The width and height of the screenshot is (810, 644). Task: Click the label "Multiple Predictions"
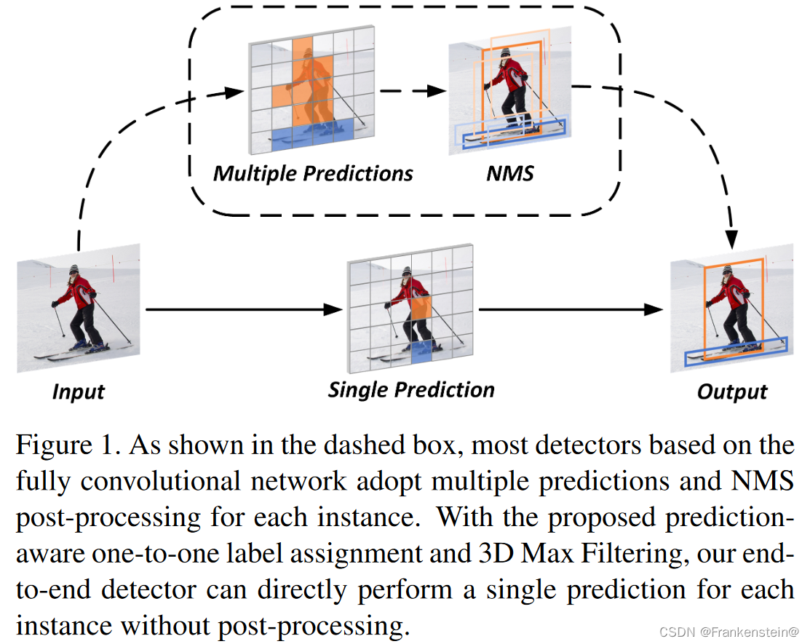pos(313,174)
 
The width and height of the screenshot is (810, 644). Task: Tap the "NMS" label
pos(509,174)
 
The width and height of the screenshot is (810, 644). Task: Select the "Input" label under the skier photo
pos(79,391)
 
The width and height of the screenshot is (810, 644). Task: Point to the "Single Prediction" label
pos(411,389)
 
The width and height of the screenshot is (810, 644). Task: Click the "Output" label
pos(731,392)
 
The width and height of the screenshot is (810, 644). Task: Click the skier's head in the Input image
pos(74,273)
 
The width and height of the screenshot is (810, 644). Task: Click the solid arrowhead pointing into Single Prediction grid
pos(334,309)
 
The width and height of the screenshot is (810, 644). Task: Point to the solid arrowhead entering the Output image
pos(655,309)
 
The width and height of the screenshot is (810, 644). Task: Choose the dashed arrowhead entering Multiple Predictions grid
pos(234,92)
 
